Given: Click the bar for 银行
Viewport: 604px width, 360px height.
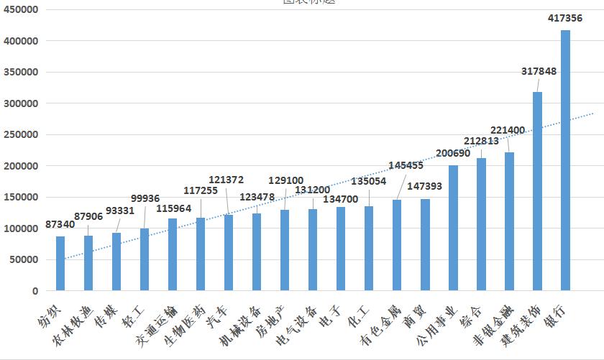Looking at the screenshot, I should [565, 161].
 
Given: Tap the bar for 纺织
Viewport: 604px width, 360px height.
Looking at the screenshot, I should [60, 264].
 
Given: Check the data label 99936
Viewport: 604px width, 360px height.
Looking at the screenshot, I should [145, 199].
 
